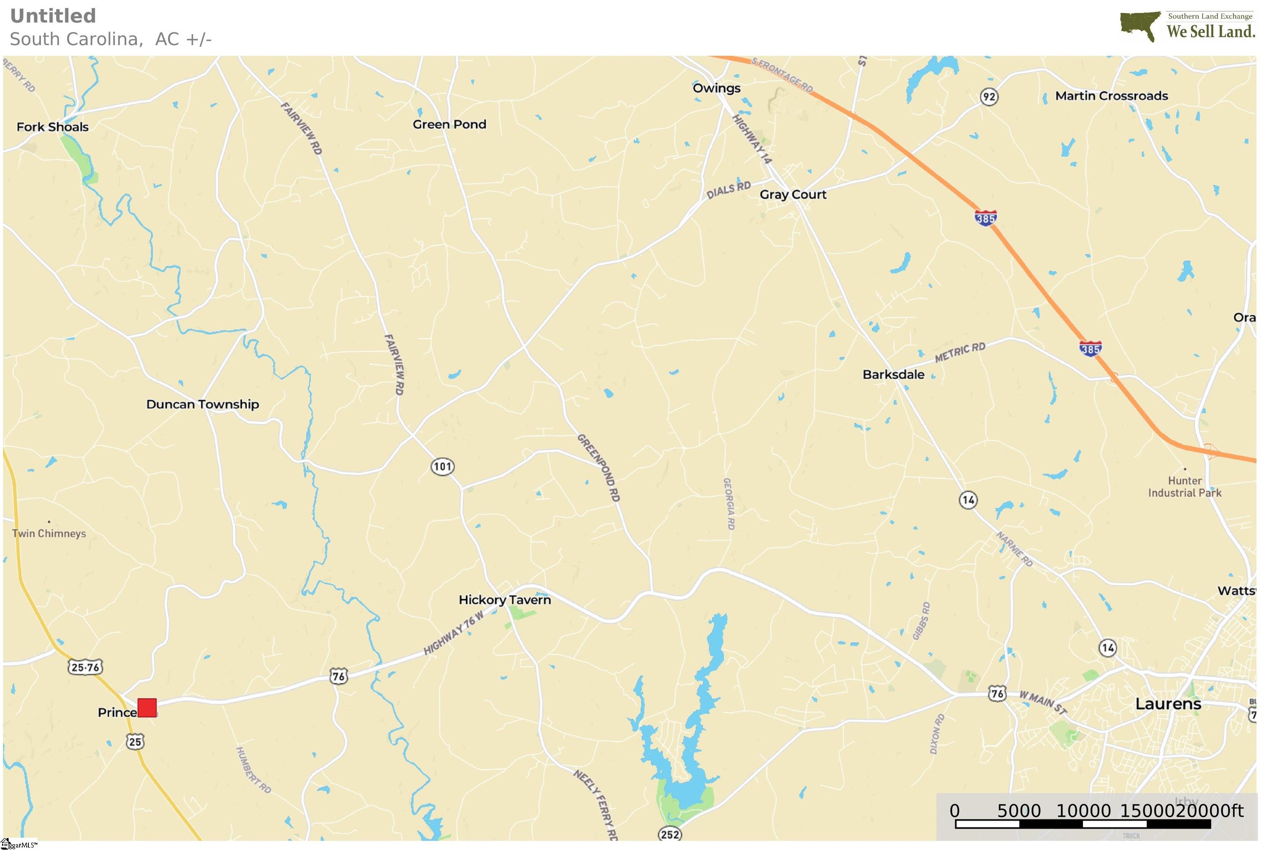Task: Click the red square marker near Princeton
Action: tap(147, 708)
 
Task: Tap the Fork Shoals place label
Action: tap(53, 127)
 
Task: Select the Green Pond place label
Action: tap(449, 124)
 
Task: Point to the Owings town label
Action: tap(716, 88)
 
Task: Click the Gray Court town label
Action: tap(793, 194)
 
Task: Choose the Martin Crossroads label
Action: tap(1112, 96)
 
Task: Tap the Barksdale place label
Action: tap(893, 374)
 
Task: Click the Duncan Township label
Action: tap(203, 404)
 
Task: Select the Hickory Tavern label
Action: tap(504, 600)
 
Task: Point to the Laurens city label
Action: tap(1168, 704)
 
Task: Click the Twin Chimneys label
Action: tap(49, 533)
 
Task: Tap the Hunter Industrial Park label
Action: tap(1185, 486)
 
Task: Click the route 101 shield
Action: tap(442, 466)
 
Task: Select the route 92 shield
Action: tap(989, 96)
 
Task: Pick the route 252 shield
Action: tap(670, 834)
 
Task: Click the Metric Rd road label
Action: tap(960, 352)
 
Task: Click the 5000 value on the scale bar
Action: tap(1019, 811)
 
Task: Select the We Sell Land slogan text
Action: tap(1211, 32)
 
